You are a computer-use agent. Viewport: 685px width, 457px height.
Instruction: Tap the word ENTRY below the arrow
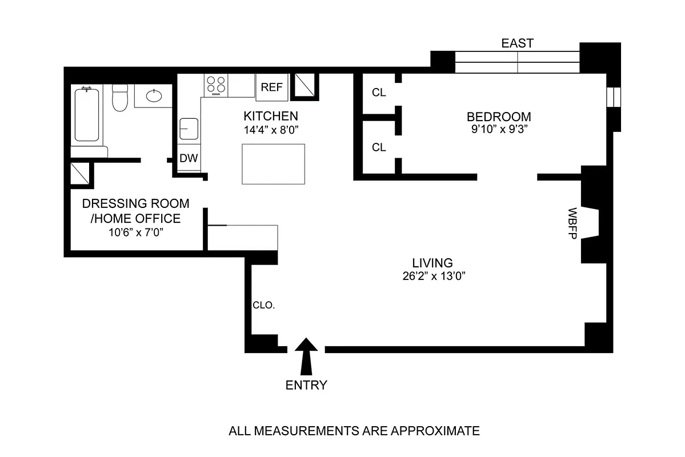click(306, 385)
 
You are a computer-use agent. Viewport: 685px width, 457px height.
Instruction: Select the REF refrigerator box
click(271, 87)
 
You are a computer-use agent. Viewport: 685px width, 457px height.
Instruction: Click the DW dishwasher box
click(189, 159)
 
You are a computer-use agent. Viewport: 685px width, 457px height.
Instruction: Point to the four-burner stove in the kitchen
click(216, 85)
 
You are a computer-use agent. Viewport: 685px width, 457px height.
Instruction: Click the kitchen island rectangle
click(273, 164)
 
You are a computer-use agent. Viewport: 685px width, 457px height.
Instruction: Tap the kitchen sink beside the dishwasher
click(189, 129)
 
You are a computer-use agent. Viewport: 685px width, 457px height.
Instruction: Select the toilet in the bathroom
click(120, 98)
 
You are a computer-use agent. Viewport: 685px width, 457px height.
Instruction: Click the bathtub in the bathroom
click(86, 114)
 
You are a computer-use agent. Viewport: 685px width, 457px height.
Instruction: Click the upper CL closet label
click(379, 93)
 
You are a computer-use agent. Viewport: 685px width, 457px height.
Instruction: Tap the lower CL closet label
click(379, 147)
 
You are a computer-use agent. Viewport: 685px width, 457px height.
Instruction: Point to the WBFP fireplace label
click(571, 222)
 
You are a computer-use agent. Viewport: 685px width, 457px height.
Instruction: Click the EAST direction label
click(517, 43)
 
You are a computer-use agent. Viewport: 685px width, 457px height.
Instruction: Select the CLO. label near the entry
click(264, 305)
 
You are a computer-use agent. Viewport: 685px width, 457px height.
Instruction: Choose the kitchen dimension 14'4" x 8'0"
click(271, 129)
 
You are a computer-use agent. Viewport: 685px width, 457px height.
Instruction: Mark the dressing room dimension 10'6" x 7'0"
click(135, 232)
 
